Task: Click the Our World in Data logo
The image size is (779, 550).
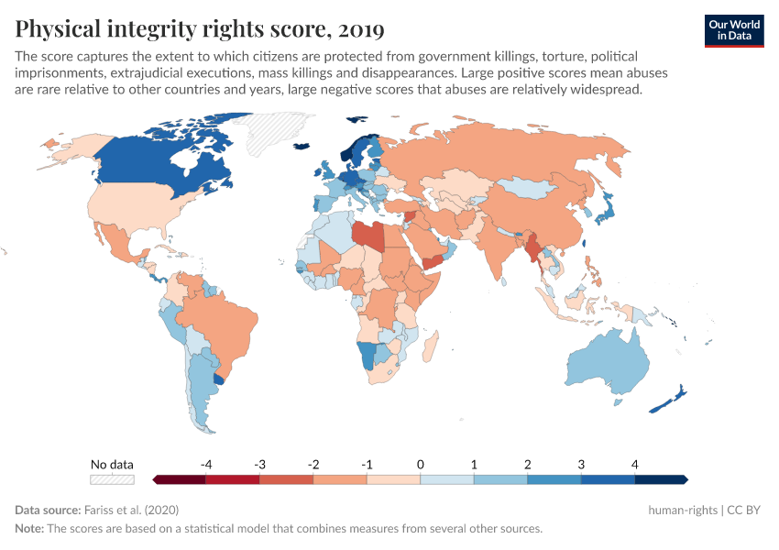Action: [x=734, y=30]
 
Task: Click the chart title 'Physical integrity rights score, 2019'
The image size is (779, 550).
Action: [x=200, y=29]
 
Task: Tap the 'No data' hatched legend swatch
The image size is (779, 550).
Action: [x=112, y=478]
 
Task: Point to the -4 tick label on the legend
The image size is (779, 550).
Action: [x=206, y=464]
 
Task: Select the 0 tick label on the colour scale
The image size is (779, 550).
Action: [x=421, y=464]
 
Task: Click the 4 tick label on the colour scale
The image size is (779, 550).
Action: [x=634, y=464]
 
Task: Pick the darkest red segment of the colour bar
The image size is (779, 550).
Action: [x=180, y=478]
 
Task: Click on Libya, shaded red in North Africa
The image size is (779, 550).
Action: [x=366, y=235]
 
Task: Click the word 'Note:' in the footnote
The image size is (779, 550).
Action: [x=32, y=528]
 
